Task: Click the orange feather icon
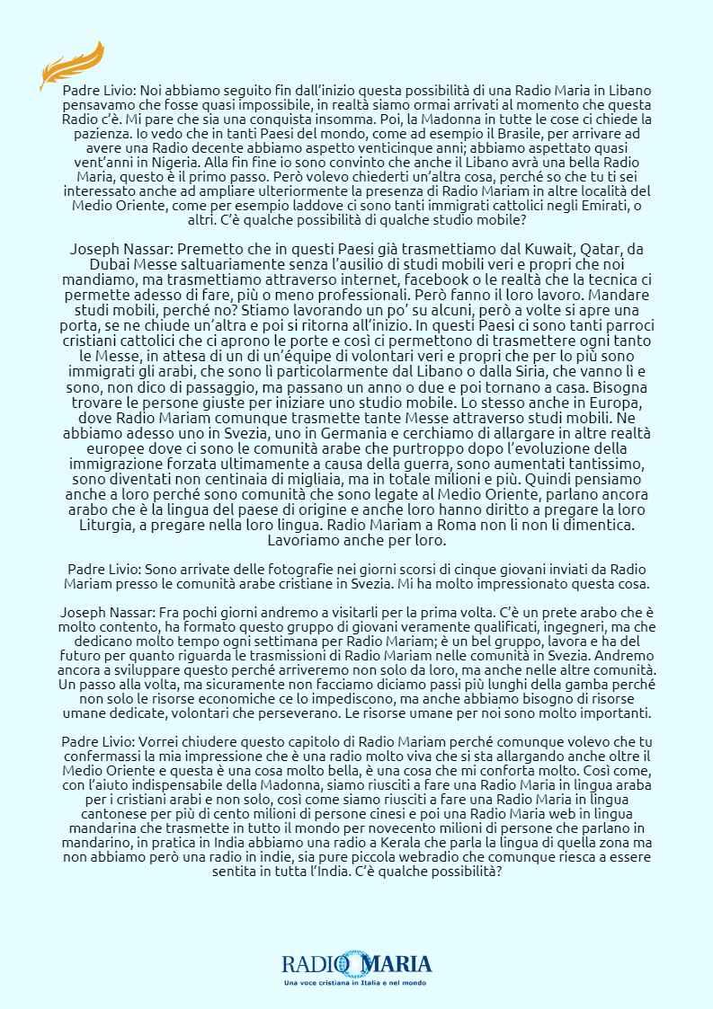pos(72,65)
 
